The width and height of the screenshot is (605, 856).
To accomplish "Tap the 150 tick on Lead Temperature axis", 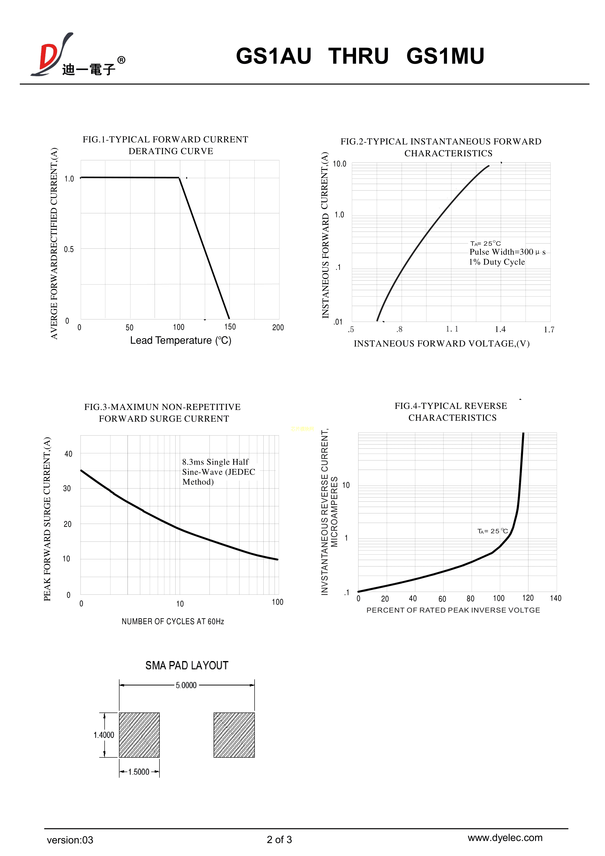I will (x=230, y=327).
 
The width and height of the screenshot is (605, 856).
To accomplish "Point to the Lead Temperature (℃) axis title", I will (x=181, y=340).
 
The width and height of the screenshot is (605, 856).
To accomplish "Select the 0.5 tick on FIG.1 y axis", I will (x=69, y=249).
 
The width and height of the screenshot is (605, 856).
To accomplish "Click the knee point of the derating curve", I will (x=179, y=178).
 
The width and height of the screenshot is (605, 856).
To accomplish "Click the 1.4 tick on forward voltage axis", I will (x=500, y=329).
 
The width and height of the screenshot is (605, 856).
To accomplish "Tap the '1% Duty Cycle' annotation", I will (x=496, y=262).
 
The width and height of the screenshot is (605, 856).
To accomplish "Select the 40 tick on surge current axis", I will (x=69, y=454).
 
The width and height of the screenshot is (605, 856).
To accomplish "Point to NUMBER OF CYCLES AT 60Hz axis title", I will (x=173, y=622).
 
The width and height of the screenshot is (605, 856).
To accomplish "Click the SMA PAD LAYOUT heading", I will (x=187, y=665).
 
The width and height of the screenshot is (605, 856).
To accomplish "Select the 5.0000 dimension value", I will (x=186, y=685).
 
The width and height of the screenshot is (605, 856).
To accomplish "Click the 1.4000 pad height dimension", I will (x=104, y=735).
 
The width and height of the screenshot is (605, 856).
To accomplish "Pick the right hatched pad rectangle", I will (x=234, y=735).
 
